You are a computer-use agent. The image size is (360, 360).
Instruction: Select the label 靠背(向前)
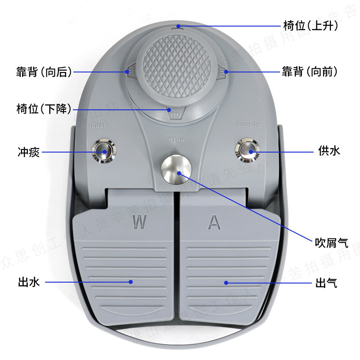[310, 72]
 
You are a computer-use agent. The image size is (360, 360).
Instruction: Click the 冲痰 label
[29, 152]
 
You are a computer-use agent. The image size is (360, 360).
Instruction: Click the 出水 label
[29, 282]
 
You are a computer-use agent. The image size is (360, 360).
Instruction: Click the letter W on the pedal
[139, 222]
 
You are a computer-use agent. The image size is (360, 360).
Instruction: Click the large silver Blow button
[176, 170]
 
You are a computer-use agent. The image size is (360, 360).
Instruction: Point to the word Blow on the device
[176, 140]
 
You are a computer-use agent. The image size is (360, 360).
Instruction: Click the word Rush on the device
[99, 126]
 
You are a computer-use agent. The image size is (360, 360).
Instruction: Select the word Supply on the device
[249, 125]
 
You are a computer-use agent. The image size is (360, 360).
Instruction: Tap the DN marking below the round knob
[175, 115]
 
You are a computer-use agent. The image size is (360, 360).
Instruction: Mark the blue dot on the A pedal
[227, 283]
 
